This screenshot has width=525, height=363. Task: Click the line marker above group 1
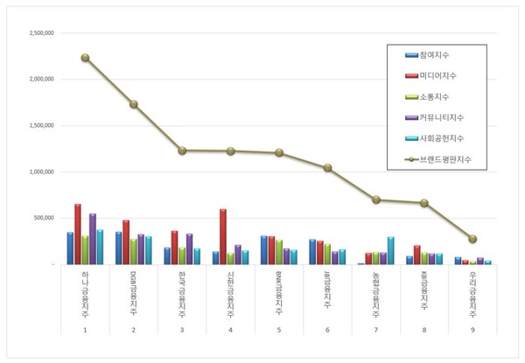pyautogui.click(x=85, y=58)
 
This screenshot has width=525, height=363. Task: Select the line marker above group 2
pyautogui.click(x=133, y=104)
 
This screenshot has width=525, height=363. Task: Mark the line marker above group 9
pyautogui.click(x=472, y=239)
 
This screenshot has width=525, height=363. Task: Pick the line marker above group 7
pyautogui.click(x=375, y=199)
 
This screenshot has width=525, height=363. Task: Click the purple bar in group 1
pyautogui.click(x=93, y=238)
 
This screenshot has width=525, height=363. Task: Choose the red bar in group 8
pyautogui.click(x=417, y=255)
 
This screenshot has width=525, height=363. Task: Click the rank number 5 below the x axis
pyautogui.click(x=279, y=330)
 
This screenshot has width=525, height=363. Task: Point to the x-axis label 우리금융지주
pyautogui.click(x=473, y=294)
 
